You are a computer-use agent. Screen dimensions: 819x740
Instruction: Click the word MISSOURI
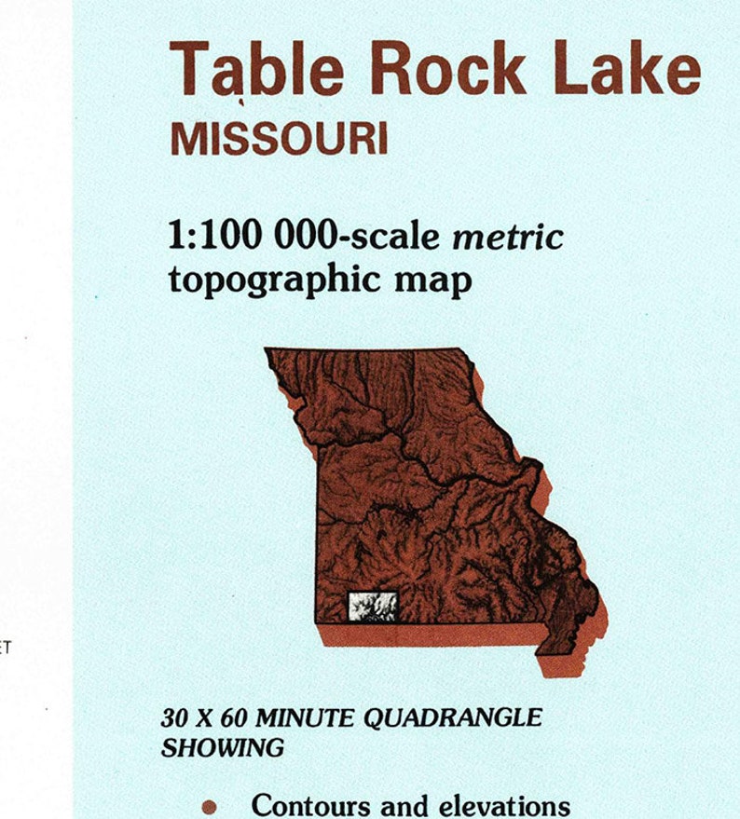pos(279,139)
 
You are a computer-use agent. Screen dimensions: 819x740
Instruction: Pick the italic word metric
pos(508,237)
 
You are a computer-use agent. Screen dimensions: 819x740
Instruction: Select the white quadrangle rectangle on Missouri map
pos(373,607)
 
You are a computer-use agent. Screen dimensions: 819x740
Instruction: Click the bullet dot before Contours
pos(210,806)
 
